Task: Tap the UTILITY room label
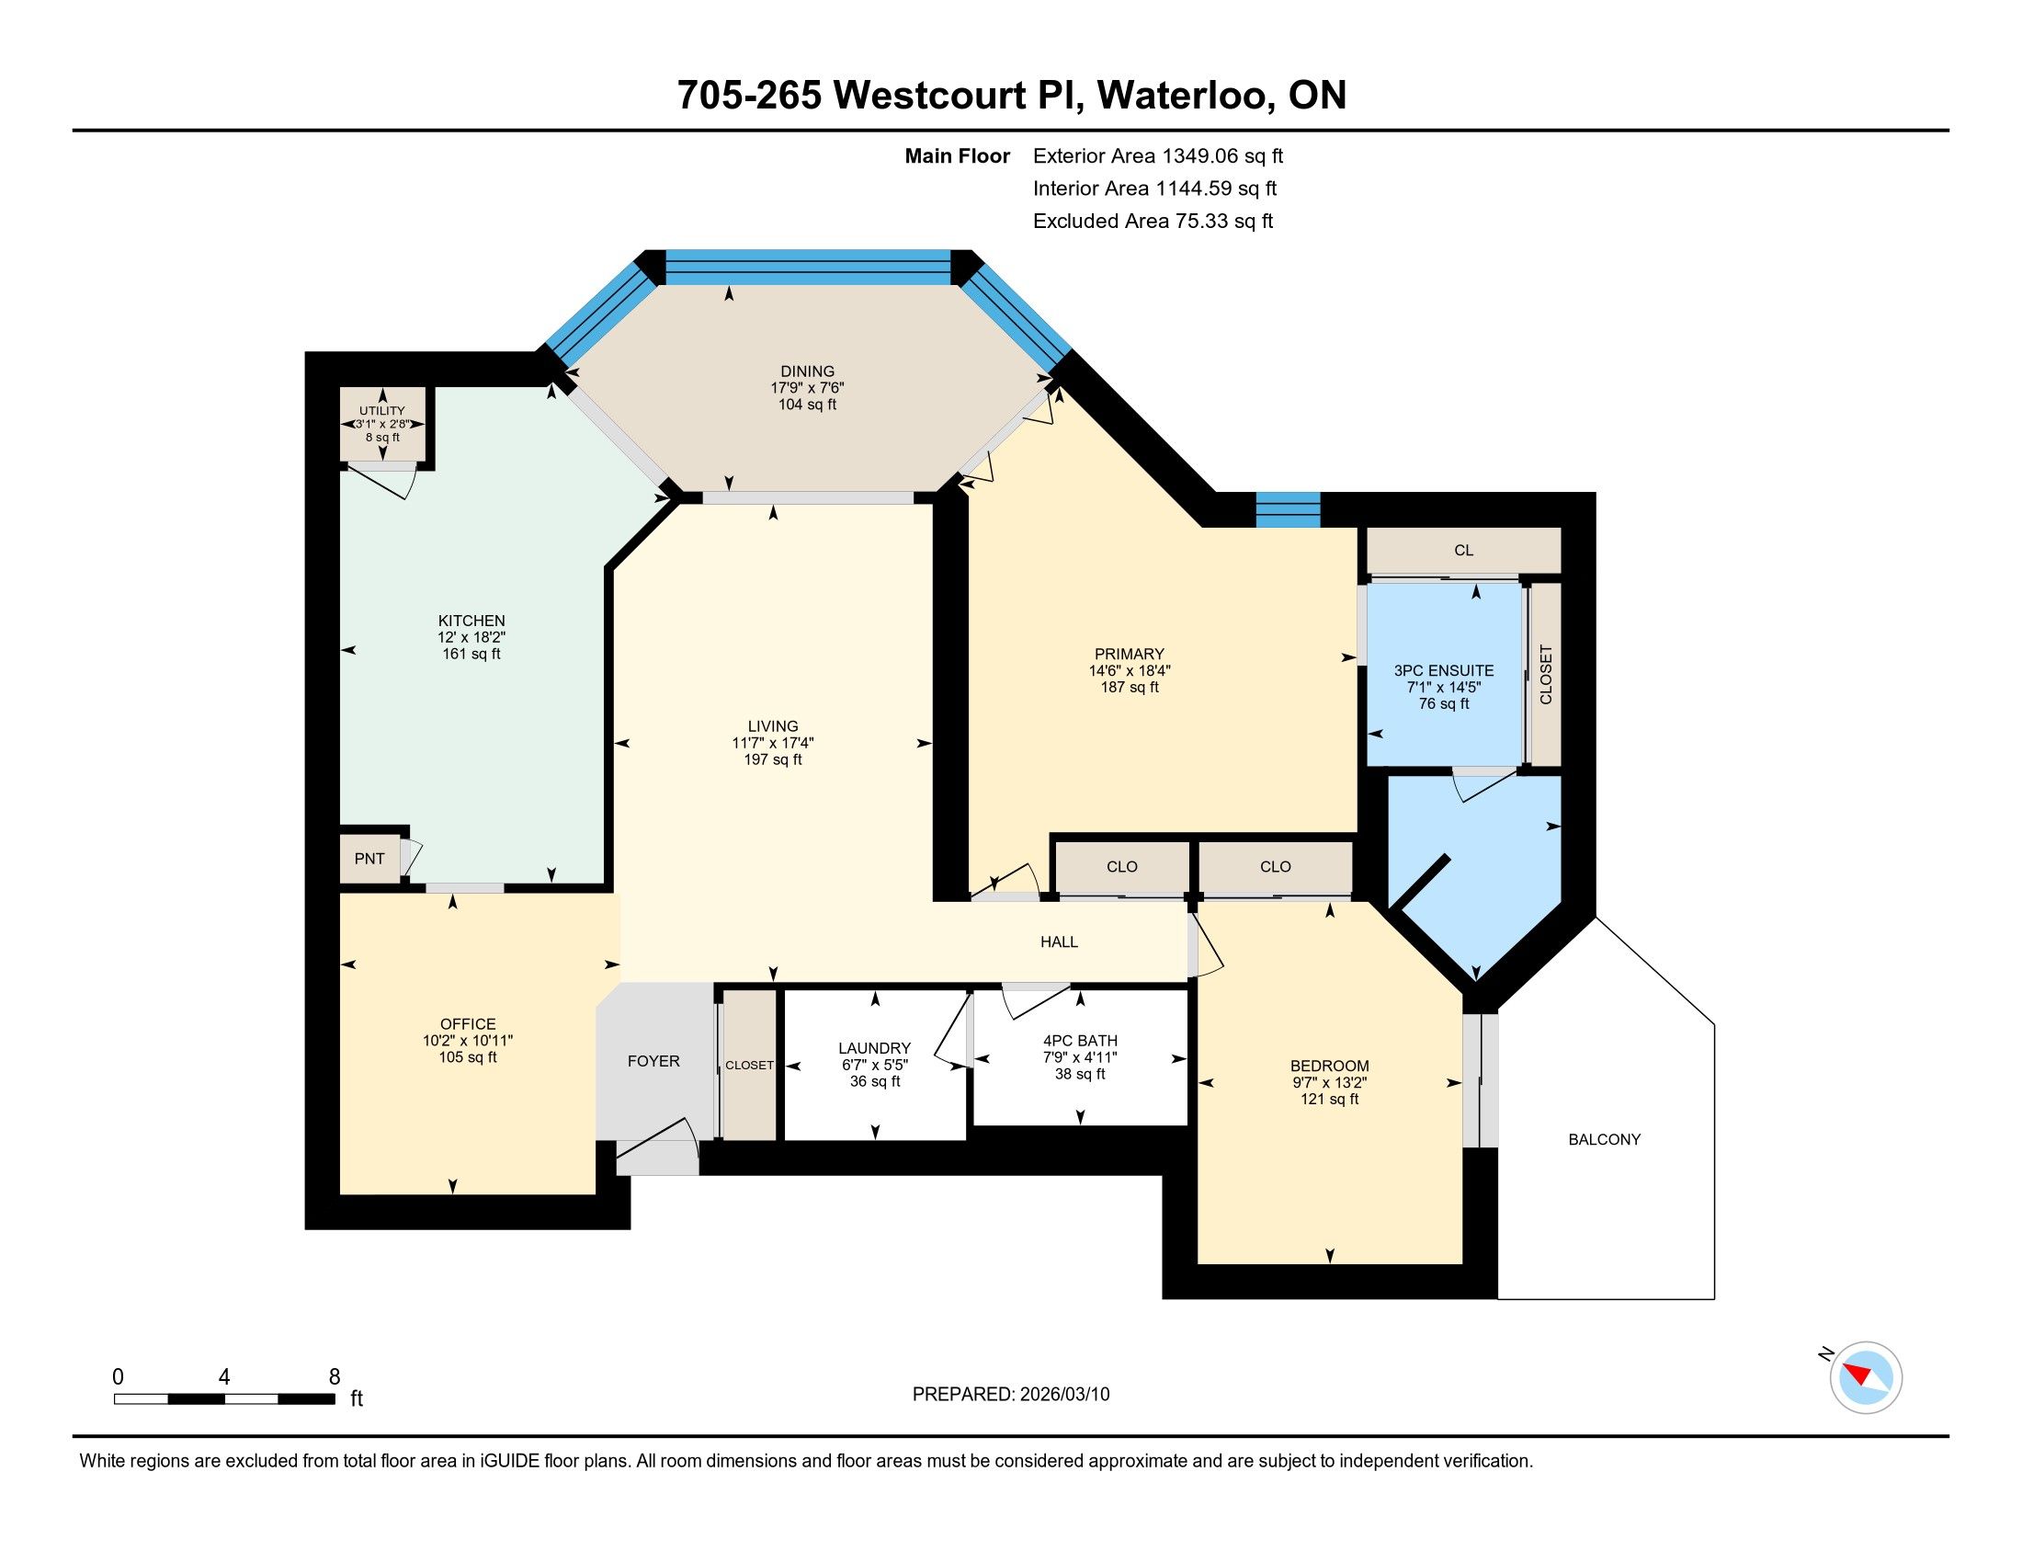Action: (x=382, y=411)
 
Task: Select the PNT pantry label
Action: (x=369, y=859)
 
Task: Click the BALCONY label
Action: (x=1605, y=1140)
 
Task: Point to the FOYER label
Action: (x=653, y=1061)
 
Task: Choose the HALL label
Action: (x=1059, y=941)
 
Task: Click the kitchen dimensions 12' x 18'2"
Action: (x=472, y=637)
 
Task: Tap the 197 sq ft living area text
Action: (x=773, y=759)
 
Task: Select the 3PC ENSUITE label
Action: (x=1444, y=670)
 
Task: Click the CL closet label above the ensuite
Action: (x=1464, y=550)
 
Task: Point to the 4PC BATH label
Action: (x=1081, y=1040)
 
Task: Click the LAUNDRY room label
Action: (x=875, y=1048)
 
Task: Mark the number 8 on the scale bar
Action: (x=335, y=1376)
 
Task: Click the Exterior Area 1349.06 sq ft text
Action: (x=1158, y=155)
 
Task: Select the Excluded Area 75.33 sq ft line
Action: (x=1153, y=221)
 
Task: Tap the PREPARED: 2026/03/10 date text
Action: (x=1011, y=1395)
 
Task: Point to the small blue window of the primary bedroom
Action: (x=1288, y=510)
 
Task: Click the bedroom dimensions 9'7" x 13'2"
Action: (x=1330, y=1082)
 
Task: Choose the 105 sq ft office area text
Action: (x=469, y=1056)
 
